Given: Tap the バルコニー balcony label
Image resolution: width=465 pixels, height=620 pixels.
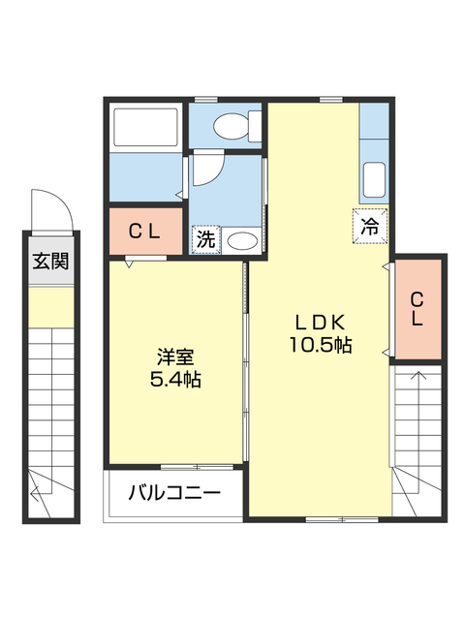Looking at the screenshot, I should click(x=174, y=493).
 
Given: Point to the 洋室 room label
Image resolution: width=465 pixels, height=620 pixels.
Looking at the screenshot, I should click(x=174, y=357).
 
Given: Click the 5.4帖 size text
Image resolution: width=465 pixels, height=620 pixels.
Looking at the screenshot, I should click(x=174, y=380).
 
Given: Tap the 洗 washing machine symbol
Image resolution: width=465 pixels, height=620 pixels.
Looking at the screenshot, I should click(x=204, y=238).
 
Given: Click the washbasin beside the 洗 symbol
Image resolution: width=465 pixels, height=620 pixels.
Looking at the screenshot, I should click(x=241, y=240).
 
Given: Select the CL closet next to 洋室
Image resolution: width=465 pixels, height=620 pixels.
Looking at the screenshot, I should click(x=144, y=232).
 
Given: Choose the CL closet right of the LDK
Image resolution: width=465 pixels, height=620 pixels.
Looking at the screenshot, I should click(x=418, y=308).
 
